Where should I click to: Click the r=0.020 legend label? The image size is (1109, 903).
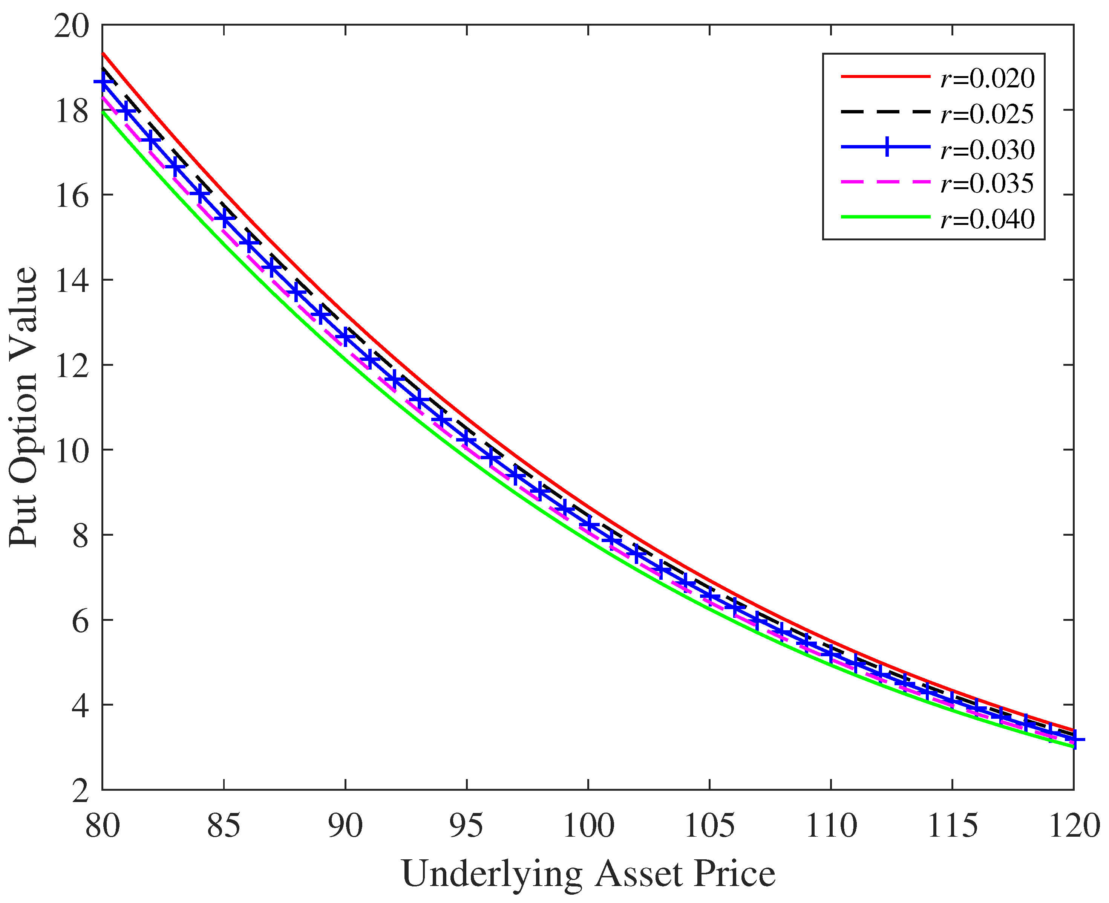coord(987,78)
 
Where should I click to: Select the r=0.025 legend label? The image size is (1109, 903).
coord(987,114)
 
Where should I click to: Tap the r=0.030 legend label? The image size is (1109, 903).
coord(987,149)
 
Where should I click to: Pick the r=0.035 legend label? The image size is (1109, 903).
coord(987,183)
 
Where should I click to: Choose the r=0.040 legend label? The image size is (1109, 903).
coord(987,219)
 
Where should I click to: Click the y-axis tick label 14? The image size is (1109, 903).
coord(71,280)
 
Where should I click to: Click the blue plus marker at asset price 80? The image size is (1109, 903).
coord(103,82)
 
